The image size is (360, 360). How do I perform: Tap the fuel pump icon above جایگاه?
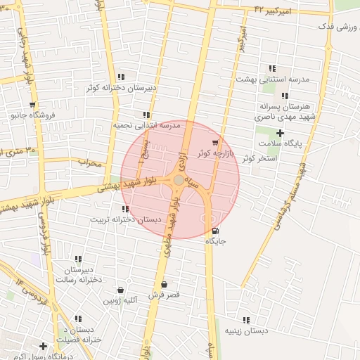[214, 231]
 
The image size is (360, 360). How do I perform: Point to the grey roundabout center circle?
[179, 180]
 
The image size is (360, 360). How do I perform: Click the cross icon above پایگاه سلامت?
[280, 133]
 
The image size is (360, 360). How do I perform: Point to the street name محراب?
[90, 163]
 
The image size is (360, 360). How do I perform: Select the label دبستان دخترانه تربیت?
[117, 219]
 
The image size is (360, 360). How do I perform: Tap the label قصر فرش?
[164, 295]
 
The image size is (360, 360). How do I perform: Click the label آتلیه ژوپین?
[122, 300]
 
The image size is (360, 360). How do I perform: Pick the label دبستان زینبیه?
[247, 330]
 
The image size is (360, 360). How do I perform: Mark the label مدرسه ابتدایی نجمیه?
[147, 125]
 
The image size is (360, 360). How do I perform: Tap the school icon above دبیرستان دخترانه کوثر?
[122, 77]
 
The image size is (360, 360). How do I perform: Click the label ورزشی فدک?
[335, 26]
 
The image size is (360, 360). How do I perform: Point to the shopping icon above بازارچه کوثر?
[214, 142]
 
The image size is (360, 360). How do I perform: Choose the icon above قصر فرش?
[164, 285]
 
